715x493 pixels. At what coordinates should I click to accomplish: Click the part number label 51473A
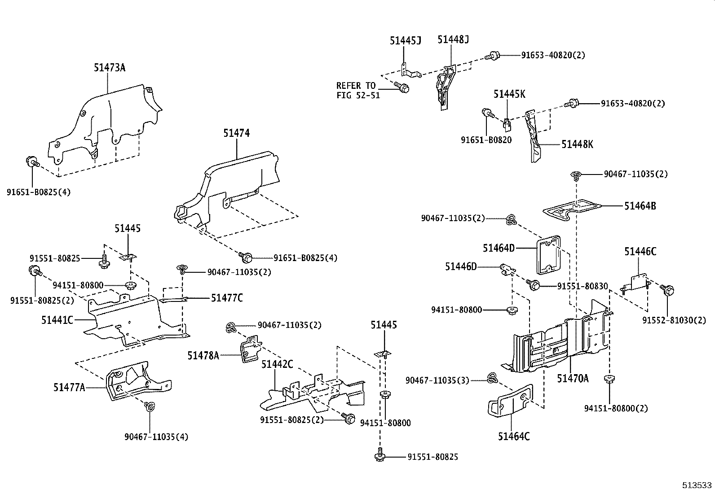pos(109,68)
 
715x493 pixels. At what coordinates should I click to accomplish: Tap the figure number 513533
pos(697,485)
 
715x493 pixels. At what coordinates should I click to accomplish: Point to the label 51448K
pos(577,144)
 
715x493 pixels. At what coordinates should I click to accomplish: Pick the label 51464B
pos(640,206)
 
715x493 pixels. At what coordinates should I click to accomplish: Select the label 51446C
pos(640,252)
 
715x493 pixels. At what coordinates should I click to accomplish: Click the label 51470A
pos(573,379)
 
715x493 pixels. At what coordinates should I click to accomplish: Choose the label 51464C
pos(513,436)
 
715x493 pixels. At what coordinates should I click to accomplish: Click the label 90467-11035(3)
pos(437,380)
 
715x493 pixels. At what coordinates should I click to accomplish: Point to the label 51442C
pos(277,364)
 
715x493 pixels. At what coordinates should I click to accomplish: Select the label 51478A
pos(203,356)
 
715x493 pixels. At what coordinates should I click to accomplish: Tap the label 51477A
pos(69,388)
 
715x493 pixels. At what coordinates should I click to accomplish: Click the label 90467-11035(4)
pos(156,436)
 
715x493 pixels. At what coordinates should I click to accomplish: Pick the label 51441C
pos(57,320)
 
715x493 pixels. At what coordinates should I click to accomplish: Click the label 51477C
pos(227,297)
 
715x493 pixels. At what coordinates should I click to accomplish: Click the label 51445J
pos(405,41)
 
